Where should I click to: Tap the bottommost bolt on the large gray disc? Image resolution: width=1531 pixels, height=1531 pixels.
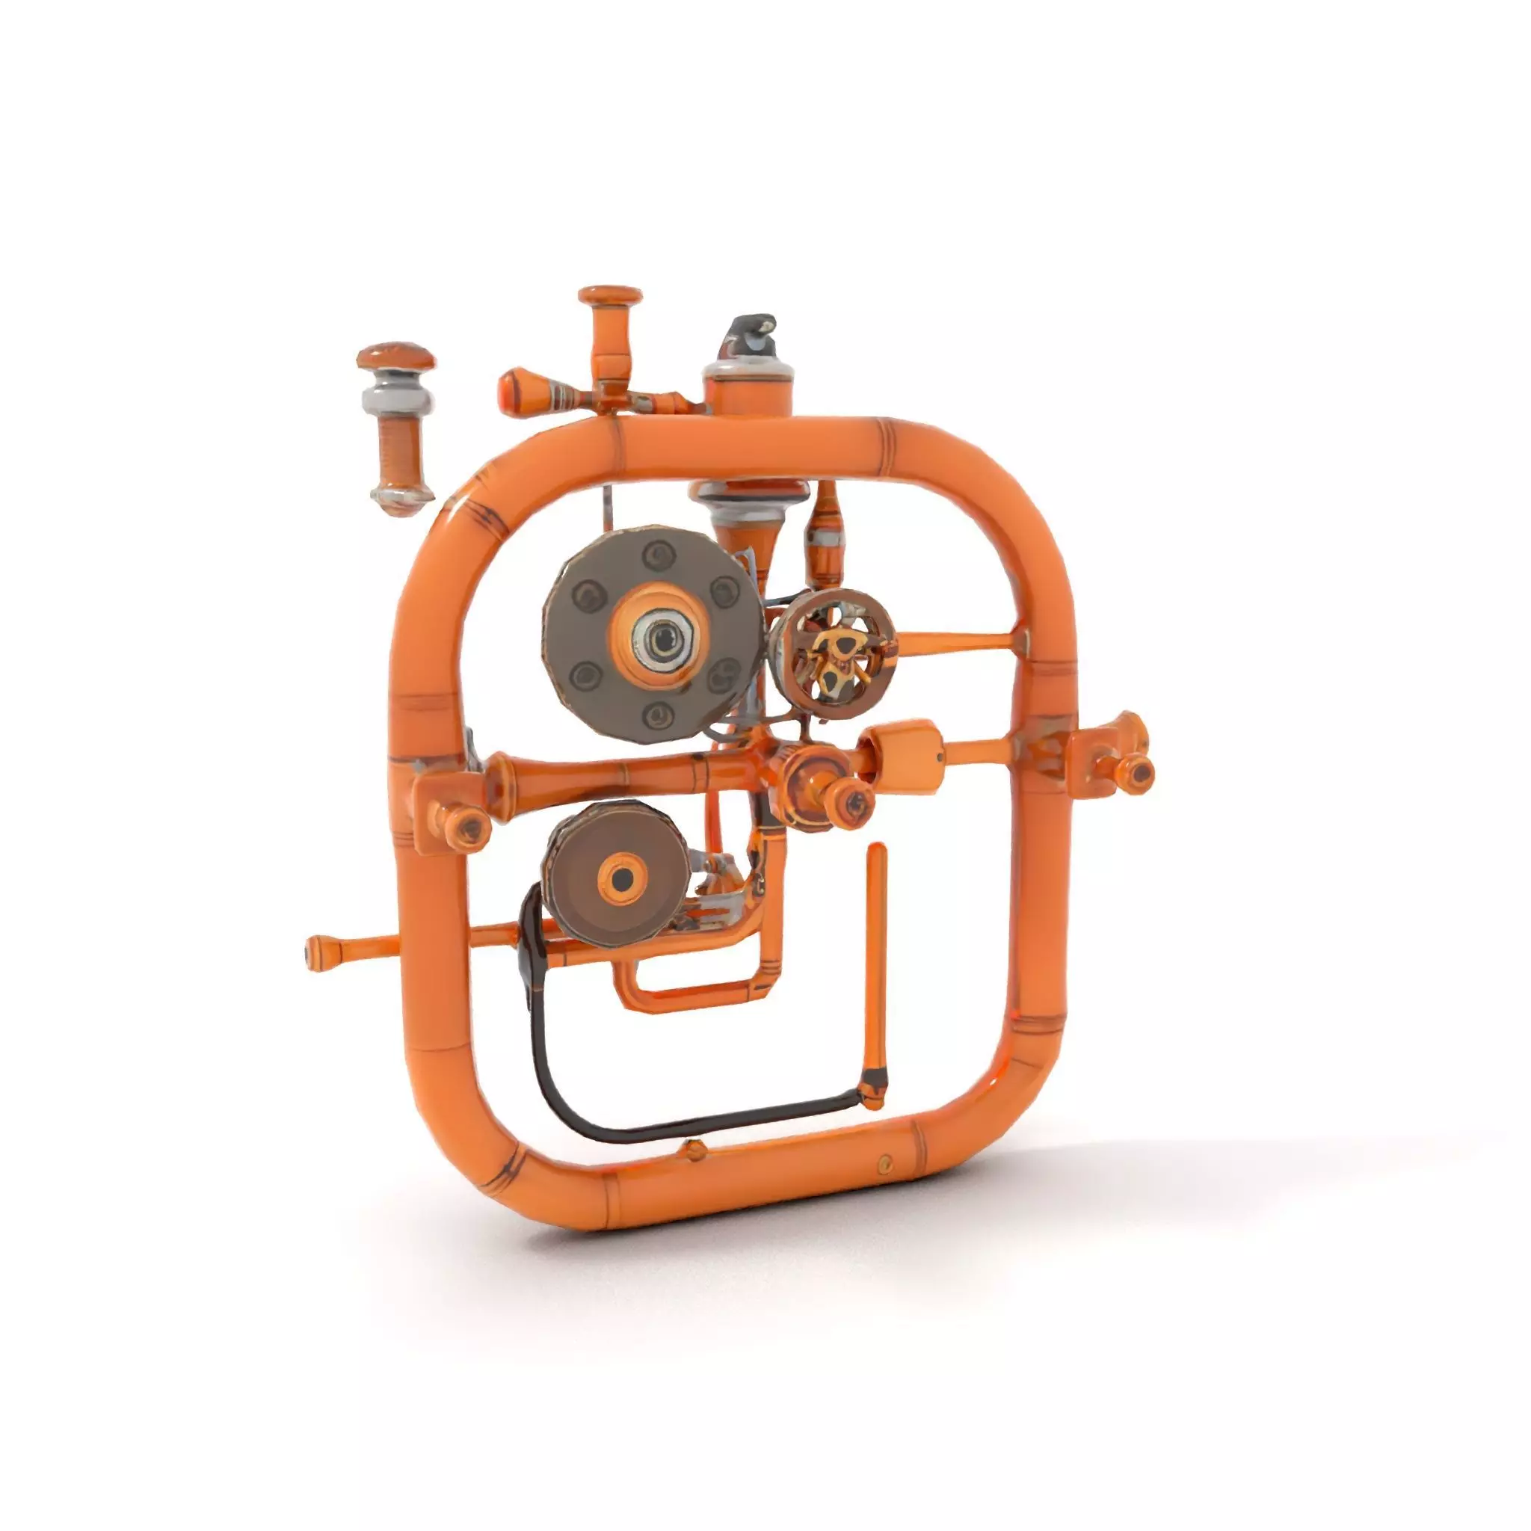[657, 717]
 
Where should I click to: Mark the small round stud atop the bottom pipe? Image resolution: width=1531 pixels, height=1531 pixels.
[695, 1149]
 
